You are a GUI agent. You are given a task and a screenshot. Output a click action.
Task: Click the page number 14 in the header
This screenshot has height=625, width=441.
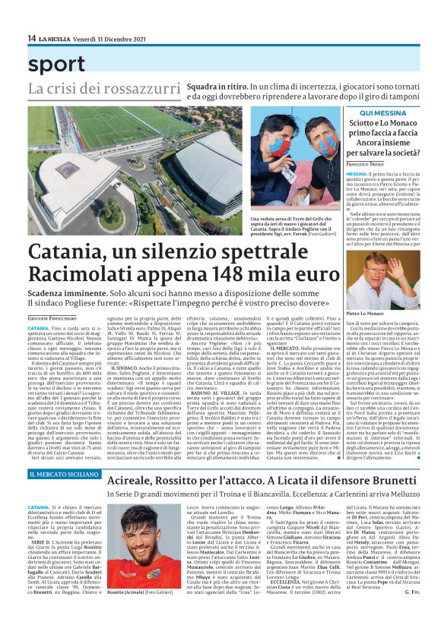(x=32, y=39)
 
